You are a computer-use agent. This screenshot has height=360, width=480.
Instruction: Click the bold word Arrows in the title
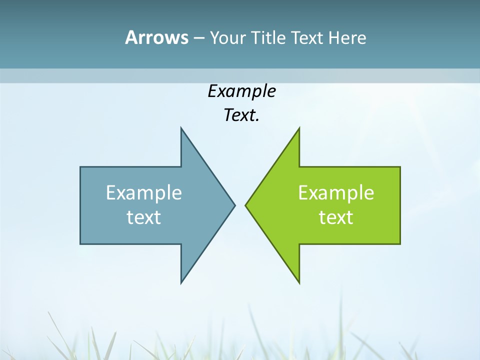coord(156,37)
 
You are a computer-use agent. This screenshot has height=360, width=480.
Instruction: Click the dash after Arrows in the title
coord(198,38)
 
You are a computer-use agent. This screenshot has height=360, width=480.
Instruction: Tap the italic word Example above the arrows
coord(241,91)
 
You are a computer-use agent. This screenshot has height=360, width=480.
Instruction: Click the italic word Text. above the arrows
coord(241,115)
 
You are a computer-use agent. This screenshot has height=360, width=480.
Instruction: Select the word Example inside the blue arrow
coord(144,193)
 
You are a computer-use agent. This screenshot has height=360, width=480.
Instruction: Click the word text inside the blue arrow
coord(144,217)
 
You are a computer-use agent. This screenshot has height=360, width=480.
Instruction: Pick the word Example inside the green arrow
coord(336,193)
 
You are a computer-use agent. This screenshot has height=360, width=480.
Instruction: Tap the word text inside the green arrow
coord(336,217)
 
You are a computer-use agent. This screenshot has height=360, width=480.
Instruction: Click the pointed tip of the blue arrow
coord(234,205)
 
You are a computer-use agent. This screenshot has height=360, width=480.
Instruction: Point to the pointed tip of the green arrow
coord(246,205)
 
